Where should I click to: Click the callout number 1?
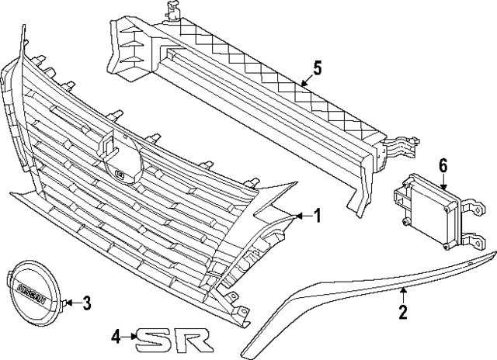click(317, 216)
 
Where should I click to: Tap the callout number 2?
click(403, 311)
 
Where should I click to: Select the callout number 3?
click(86, 303)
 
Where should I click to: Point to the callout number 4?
click(116, 337)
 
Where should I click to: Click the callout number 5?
click(318, 69)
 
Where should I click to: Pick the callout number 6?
click(443, 167)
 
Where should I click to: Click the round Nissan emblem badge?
click(33, 289)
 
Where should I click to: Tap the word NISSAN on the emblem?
click(32, 292)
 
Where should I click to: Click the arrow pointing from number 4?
click(130, 337)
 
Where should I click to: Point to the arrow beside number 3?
click(74, 303)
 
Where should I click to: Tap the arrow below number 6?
click(443, 183)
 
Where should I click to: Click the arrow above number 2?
click(403, 295)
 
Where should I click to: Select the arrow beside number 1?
click(304, 216)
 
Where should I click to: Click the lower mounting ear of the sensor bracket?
click(474, 241)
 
